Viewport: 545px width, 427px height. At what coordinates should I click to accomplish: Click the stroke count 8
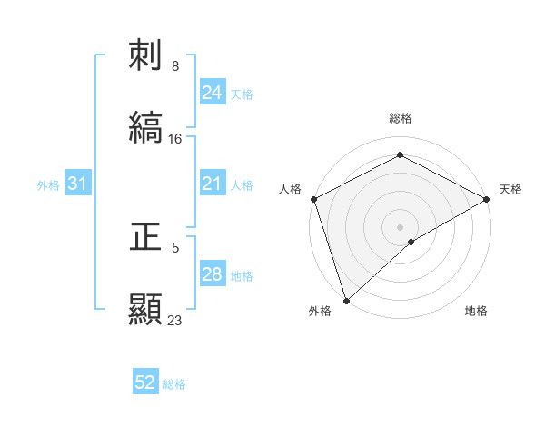175,66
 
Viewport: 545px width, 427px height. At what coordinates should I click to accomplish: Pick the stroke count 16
175,139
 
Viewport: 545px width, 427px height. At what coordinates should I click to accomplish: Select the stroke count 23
175,320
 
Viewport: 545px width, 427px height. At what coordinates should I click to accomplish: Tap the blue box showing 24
212,92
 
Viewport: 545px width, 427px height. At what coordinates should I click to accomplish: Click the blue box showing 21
212,184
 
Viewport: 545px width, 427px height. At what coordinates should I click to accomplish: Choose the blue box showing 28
212,274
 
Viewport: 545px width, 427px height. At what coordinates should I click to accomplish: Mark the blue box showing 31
78,184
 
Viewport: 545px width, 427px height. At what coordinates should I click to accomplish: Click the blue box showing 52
145,382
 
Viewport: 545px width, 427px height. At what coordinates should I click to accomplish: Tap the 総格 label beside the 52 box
174,384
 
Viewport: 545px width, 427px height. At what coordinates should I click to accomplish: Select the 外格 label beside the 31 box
48,185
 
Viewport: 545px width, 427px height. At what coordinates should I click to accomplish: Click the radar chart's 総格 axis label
401,118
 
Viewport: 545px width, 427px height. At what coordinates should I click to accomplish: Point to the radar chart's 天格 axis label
510,189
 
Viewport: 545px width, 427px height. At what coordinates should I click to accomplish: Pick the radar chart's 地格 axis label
476,311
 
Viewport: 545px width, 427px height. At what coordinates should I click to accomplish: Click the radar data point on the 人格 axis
313,199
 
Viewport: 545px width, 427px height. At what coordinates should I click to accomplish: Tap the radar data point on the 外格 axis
346,301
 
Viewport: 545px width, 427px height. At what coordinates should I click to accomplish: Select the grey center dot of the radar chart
401,226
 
